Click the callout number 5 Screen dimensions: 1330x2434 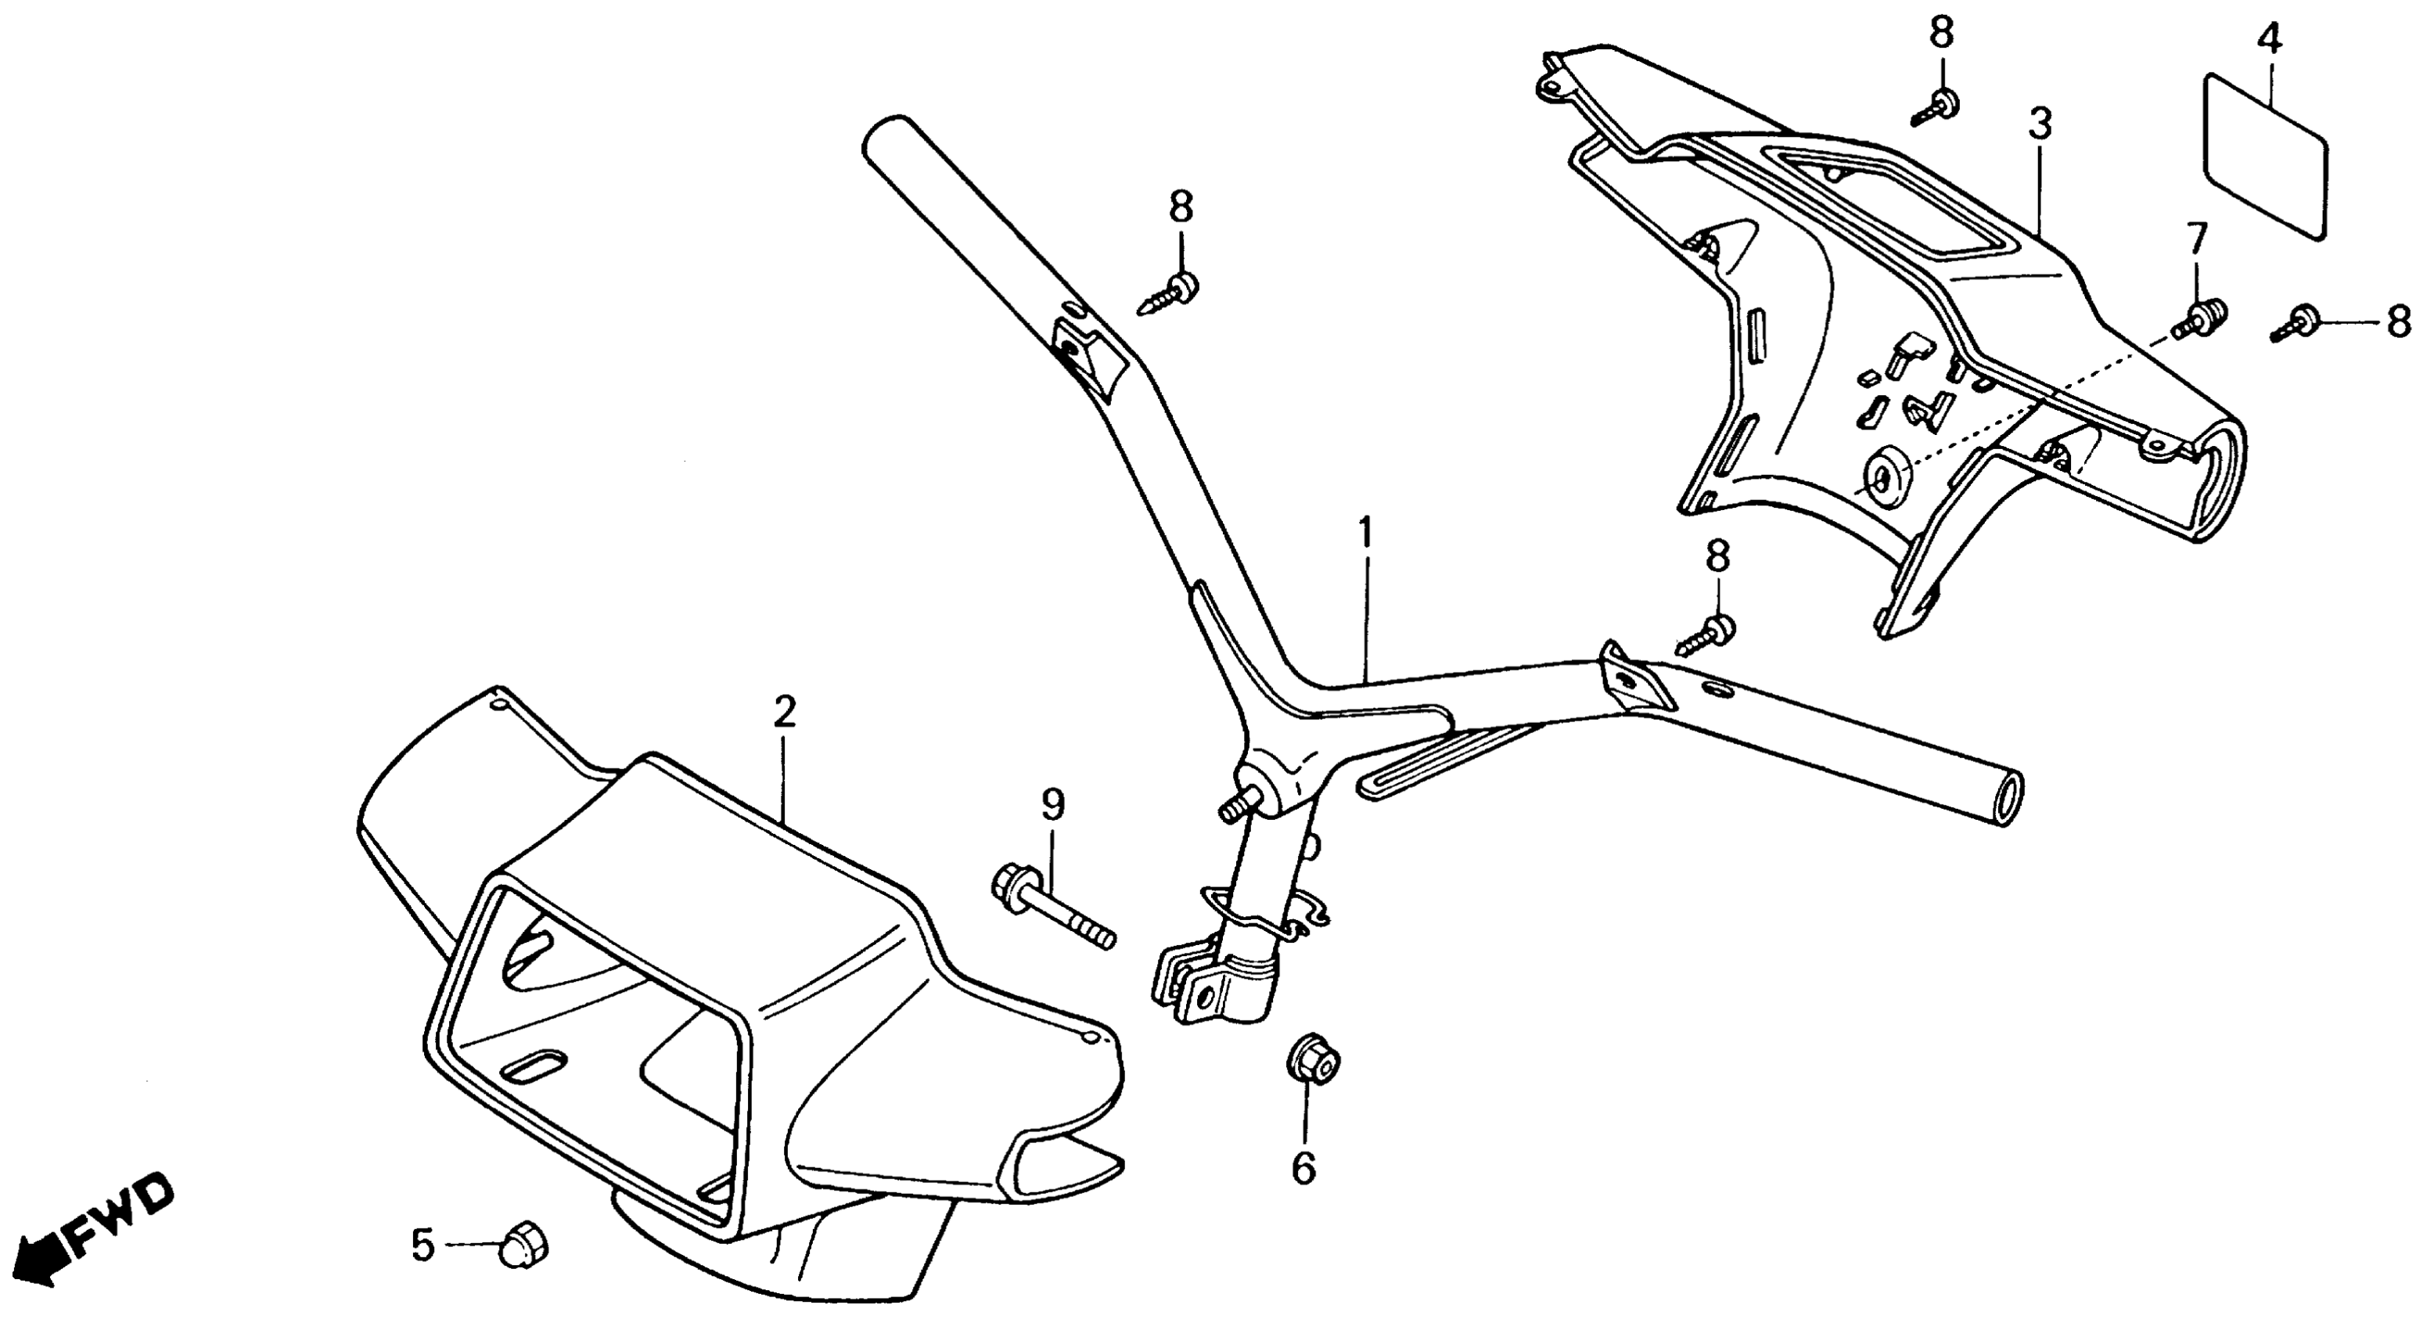[422, 1245]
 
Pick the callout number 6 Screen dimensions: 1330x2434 [1304, 1169]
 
